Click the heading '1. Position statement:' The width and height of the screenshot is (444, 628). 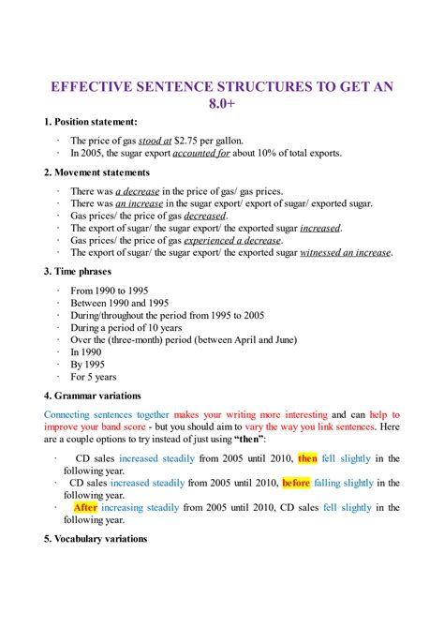[91, 122]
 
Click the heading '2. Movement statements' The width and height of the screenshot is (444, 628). [97, 172]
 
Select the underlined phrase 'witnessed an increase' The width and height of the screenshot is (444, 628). [347, 252]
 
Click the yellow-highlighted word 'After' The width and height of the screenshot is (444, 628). [85, 507]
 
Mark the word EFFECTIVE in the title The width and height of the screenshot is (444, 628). [98, 86]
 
